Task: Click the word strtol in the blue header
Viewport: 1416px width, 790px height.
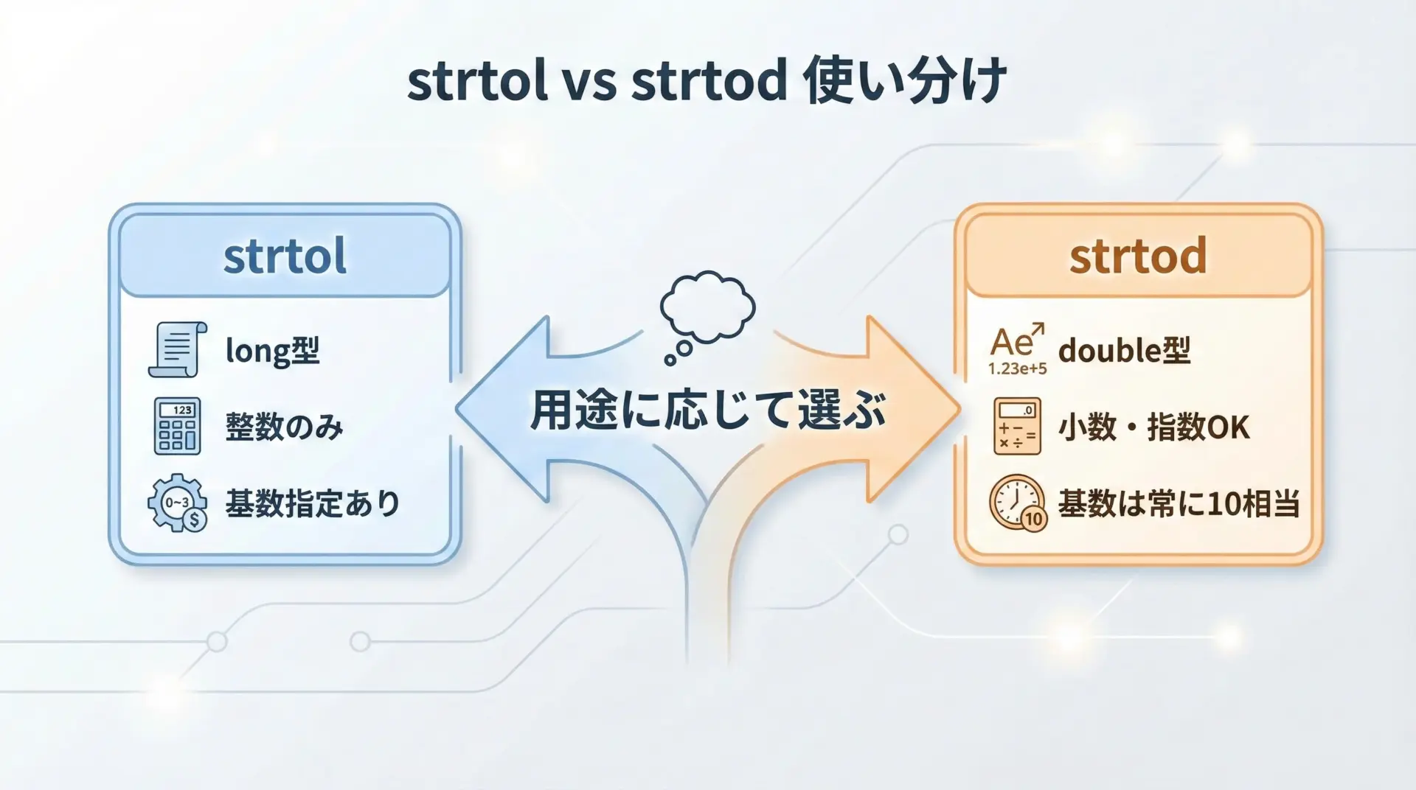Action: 285,256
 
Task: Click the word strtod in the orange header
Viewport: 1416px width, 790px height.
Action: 1138,256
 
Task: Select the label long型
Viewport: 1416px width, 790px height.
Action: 272,351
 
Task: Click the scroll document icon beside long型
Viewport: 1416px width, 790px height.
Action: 178,349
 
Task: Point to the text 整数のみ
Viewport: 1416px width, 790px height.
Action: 284,427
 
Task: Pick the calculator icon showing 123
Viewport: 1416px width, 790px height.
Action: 177,426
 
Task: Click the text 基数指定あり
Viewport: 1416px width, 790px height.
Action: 313,504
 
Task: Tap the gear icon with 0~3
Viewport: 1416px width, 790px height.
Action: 177,503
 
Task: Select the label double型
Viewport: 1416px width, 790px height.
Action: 1125,351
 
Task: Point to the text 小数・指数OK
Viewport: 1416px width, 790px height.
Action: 1154,427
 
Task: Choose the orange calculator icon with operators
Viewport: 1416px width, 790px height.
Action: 1017,426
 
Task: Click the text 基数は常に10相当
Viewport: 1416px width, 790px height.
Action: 1179,504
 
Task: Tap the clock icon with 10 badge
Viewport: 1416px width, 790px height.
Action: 1018,503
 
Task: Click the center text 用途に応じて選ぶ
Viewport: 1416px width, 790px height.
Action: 708,410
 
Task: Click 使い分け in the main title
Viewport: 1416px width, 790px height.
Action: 906,80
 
